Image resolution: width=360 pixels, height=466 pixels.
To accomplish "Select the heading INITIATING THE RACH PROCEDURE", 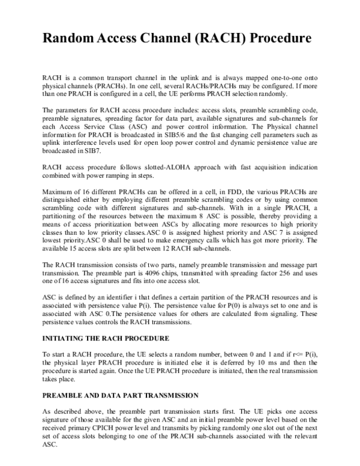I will [x=106, y=339].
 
